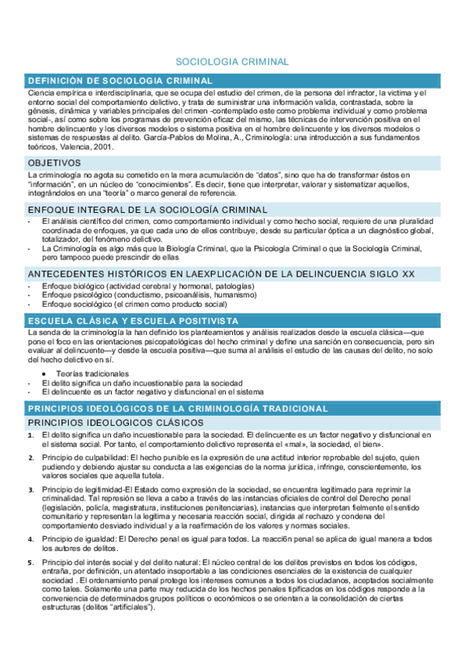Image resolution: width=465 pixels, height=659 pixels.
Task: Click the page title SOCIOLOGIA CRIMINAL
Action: coord(232,61)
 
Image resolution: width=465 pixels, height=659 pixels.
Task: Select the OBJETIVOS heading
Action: coord(54,163)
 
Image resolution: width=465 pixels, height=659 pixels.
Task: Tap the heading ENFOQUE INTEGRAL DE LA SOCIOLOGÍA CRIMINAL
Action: coord(147,210)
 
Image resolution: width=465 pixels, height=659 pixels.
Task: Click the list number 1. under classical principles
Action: coord(30,434)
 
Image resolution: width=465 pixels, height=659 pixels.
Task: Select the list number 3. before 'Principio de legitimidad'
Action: coord(30,490)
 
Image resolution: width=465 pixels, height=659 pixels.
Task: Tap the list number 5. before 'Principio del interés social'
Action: coord(30,562)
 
